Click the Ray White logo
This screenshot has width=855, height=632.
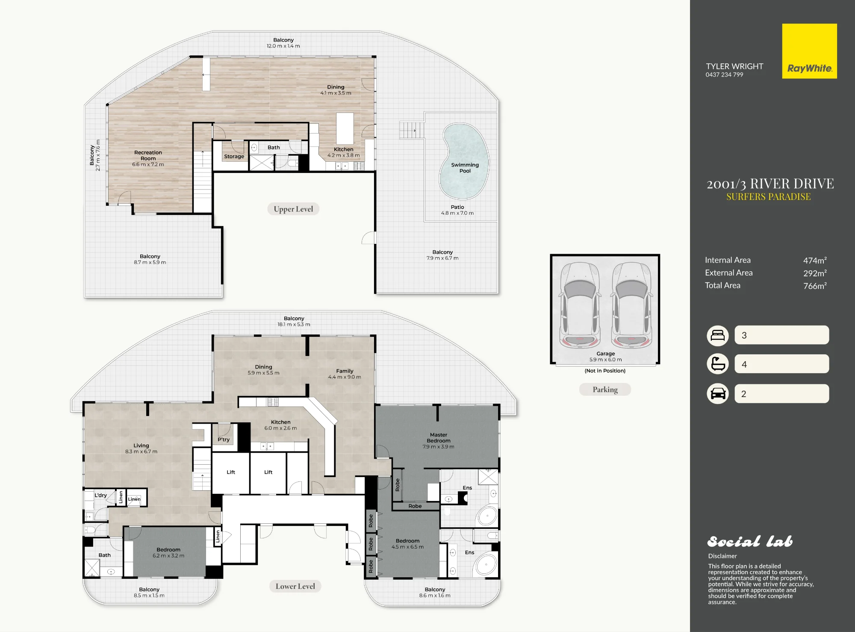tap(809, 51)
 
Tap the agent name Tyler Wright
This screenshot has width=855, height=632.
tap(734, 66)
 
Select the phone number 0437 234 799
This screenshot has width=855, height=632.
tap(724, 75)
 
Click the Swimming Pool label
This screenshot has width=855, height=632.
tap(465, 168)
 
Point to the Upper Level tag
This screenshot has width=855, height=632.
tap(293, 209)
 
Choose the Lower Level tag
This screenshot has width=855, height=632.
tap(295, 586)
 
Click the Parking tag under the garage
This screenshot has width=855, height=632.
tap(605, 389)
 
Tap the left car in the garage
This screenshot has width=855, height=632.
tap(580, 305)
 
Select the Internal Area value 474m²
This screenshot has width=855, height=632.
tap(815, 260)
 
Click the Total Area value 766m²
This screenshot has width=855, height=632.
tap(815, 285)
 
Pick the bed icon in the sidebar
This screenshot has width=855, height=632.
tap(718, 335)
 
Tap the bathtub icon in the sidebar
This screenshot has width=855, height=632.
tap(718, 364)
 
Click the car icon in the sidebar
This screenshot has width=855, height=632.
tap(718, 394)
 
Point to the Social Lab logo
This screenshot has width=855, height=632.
tap(750, 542)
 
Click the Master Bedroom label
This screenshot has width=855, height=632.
tap(439, 438)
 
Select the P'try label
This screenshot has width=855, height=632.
tap(224, 439)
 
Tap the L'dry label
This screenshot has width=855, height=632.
tap(100, 496)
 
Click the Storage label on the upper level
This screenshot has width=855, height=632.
tap(234, 157)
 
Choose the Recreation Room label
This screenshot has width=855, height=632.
tap(148, 155)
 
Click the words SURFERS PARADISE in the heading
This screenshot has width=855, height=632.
tap(768, 197)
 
